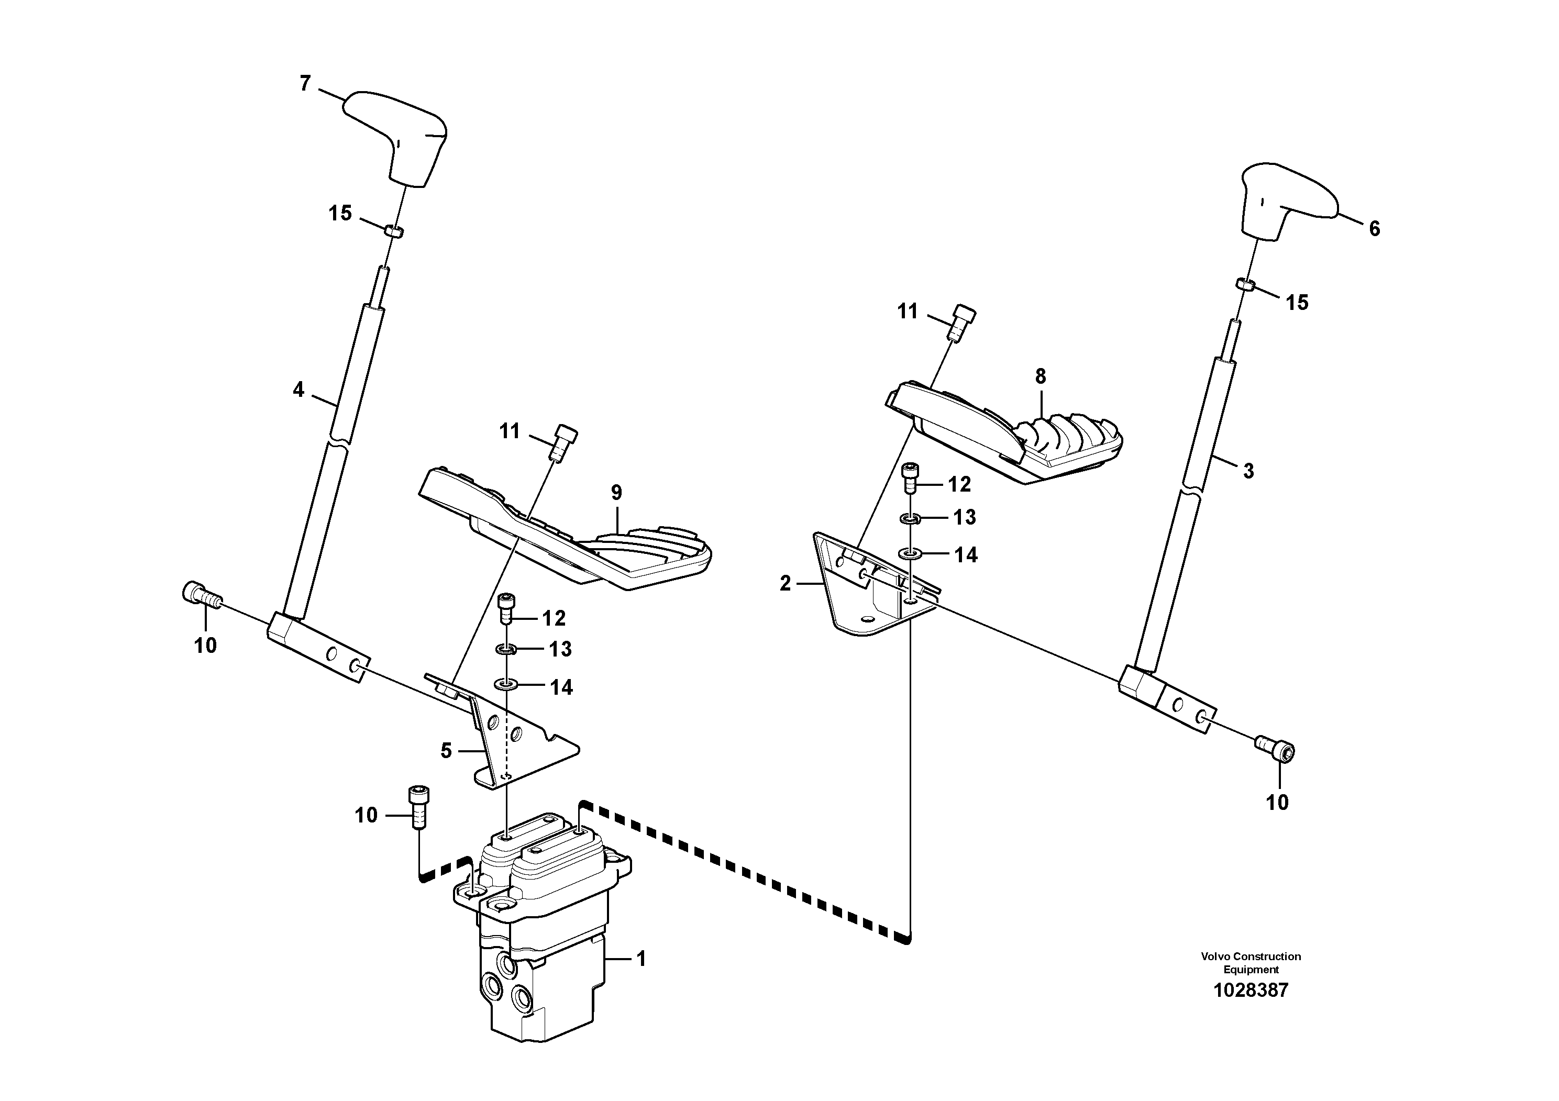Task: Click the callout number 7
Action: [305, 83]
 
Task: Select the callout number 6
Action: [1374, 229]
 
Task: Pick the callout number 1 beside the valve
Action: [640, 959]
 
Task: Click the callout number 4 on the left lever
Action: [298, 390]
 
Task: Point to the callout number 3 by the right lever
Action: [1248, 471]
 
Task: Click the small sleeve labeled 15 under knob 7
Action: [394, 231]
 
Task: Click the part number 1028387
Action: [1251, 991]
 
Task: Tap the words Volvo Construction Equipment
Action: [1251, 963]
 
